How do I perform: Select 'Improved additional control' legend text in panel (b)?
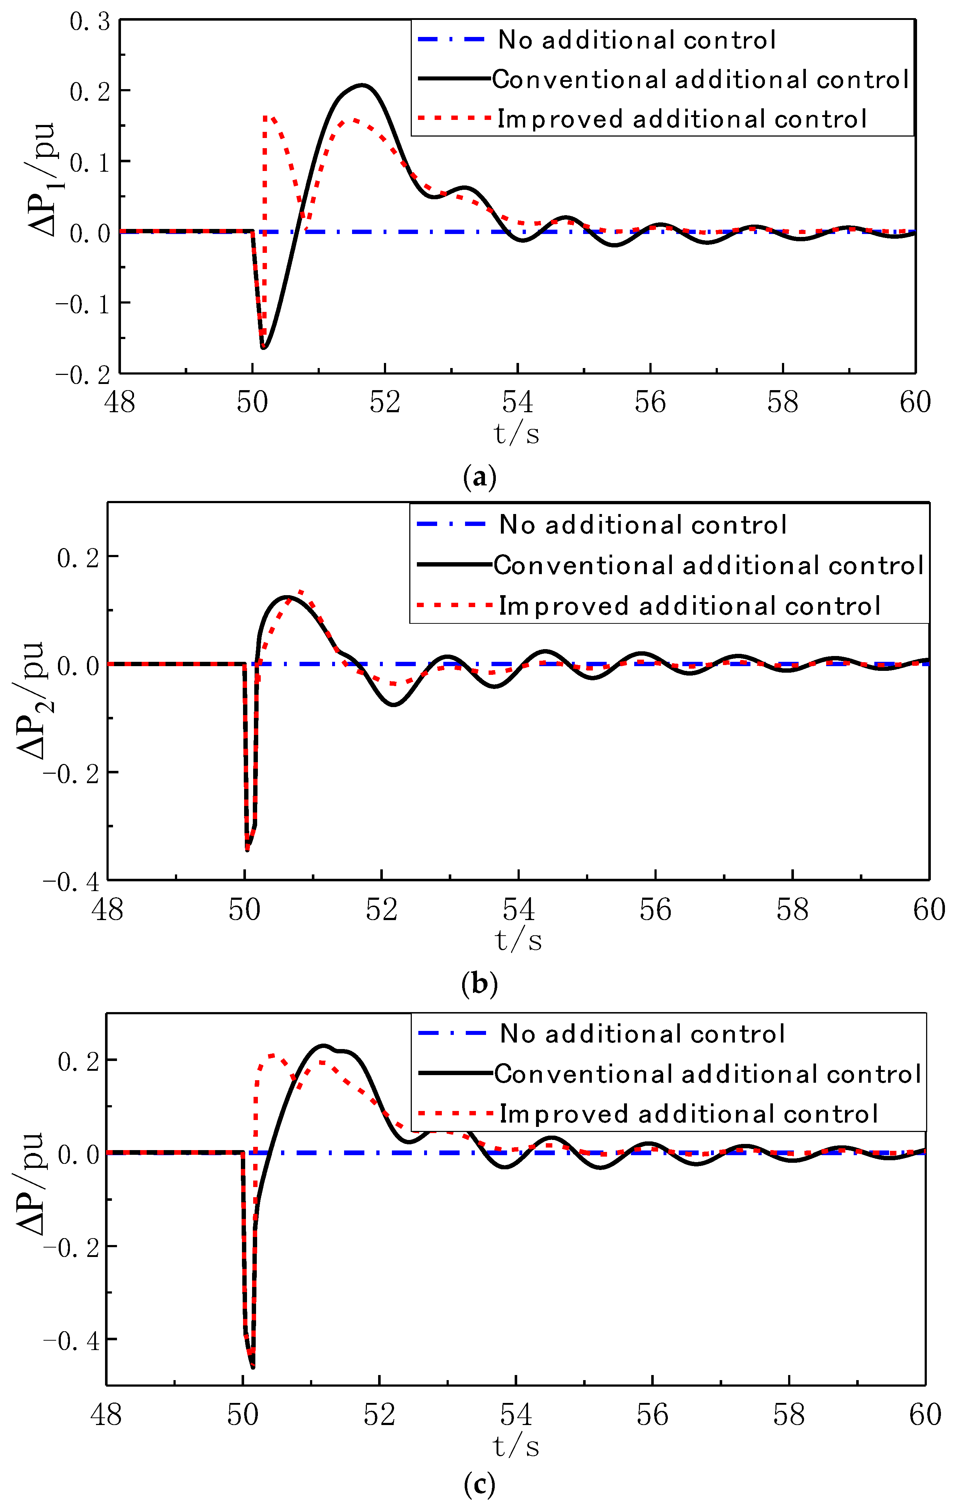tap(689, 606)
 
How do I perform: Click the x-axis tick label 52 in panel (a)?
tap(385, 402)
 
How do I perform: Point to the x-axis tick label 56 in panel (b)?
tap(655, 910)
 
